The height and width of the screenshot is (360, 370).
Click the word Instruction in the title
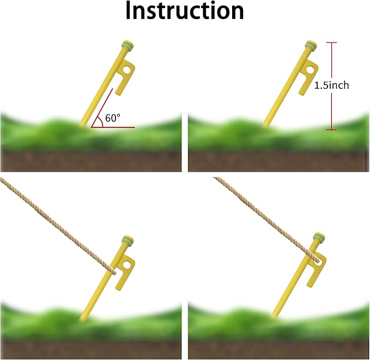(x=185, y=11)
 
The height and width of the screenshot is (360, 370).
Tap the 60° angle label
(x=113, y=118)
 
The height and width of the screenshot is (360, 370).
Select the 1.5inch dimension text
(x=331, y=85)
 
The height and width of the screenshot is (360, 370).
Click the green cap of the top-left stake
(x=128, y=45)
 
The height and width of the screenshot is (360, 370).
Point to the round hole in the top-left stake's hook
(x=126, y=70)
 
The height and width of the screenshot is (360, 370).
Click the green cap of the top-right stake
(x=311, y=45)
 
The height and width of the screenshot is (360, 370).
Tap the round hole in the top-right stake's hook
(x=310, y=70)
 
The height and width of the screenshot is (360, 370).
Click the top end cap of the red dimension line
(x=331, y=42)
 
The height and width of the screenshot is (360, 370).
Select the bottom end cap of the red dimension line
(x=331, y=129)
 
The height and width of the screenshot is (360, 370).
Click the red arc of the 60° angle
(x=101, y=122)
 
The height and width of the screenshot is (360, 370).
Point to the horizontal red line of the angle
(x=113, y=127)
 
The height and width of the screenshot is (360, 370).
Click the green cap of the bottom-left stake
(x=128, y=240)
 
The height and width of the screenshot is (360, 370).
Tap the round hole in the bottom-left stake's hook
(x=126, y=265)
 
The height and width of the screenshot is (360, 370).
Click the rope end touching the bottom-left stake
(x=114, y=273)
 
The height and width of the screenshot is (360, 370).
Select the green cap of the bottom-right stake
(x=319, y=237)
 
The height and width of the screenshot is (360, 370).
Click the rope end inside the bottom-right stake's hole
(x=317, y=261)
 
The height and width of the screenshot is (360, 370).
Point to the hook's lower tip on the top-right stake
(x=301, y=94)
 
